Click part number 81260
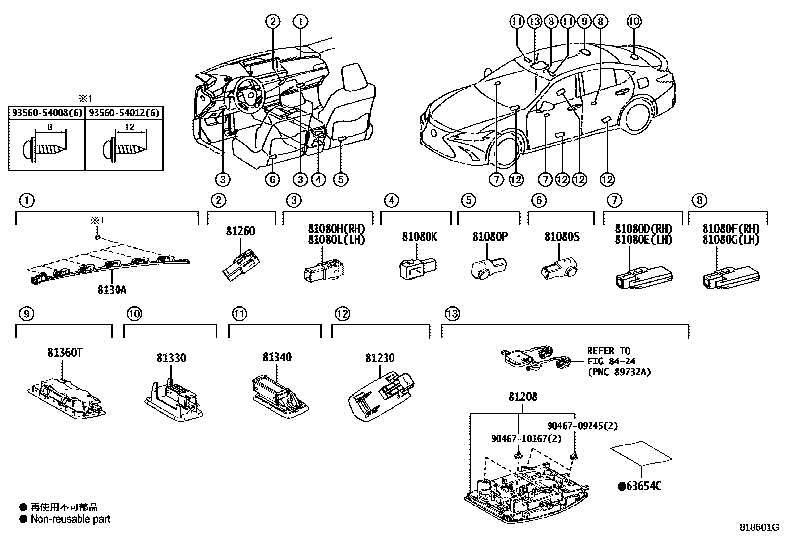[x=240, y=231]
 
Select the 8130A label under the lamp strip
[x=112, y=289]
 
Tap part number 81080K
[x=419, y=237]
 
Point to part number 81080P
[x=490, y=237]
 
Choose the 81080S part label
[x=562, y=237]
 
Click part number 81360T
[x=65, y=353]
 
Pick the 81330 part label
[x=171, y=358]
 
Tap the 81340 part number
[x=277, y=357]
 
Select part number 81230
[x=380, y=358]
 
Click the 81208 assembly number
[x=522, y=397]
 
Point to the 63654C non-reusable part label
[x=640, y=486]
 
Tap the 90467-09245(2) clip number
[x=582, y=426]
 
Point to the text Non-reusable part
[x=70, y=519]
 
